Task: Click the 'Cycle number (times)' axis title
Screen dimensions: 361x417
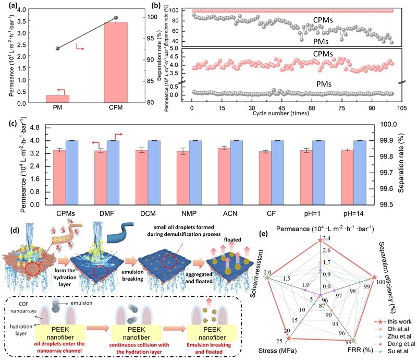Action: [286, 113]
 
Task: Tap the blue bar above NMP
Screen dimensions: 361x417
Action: [198, 173]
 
